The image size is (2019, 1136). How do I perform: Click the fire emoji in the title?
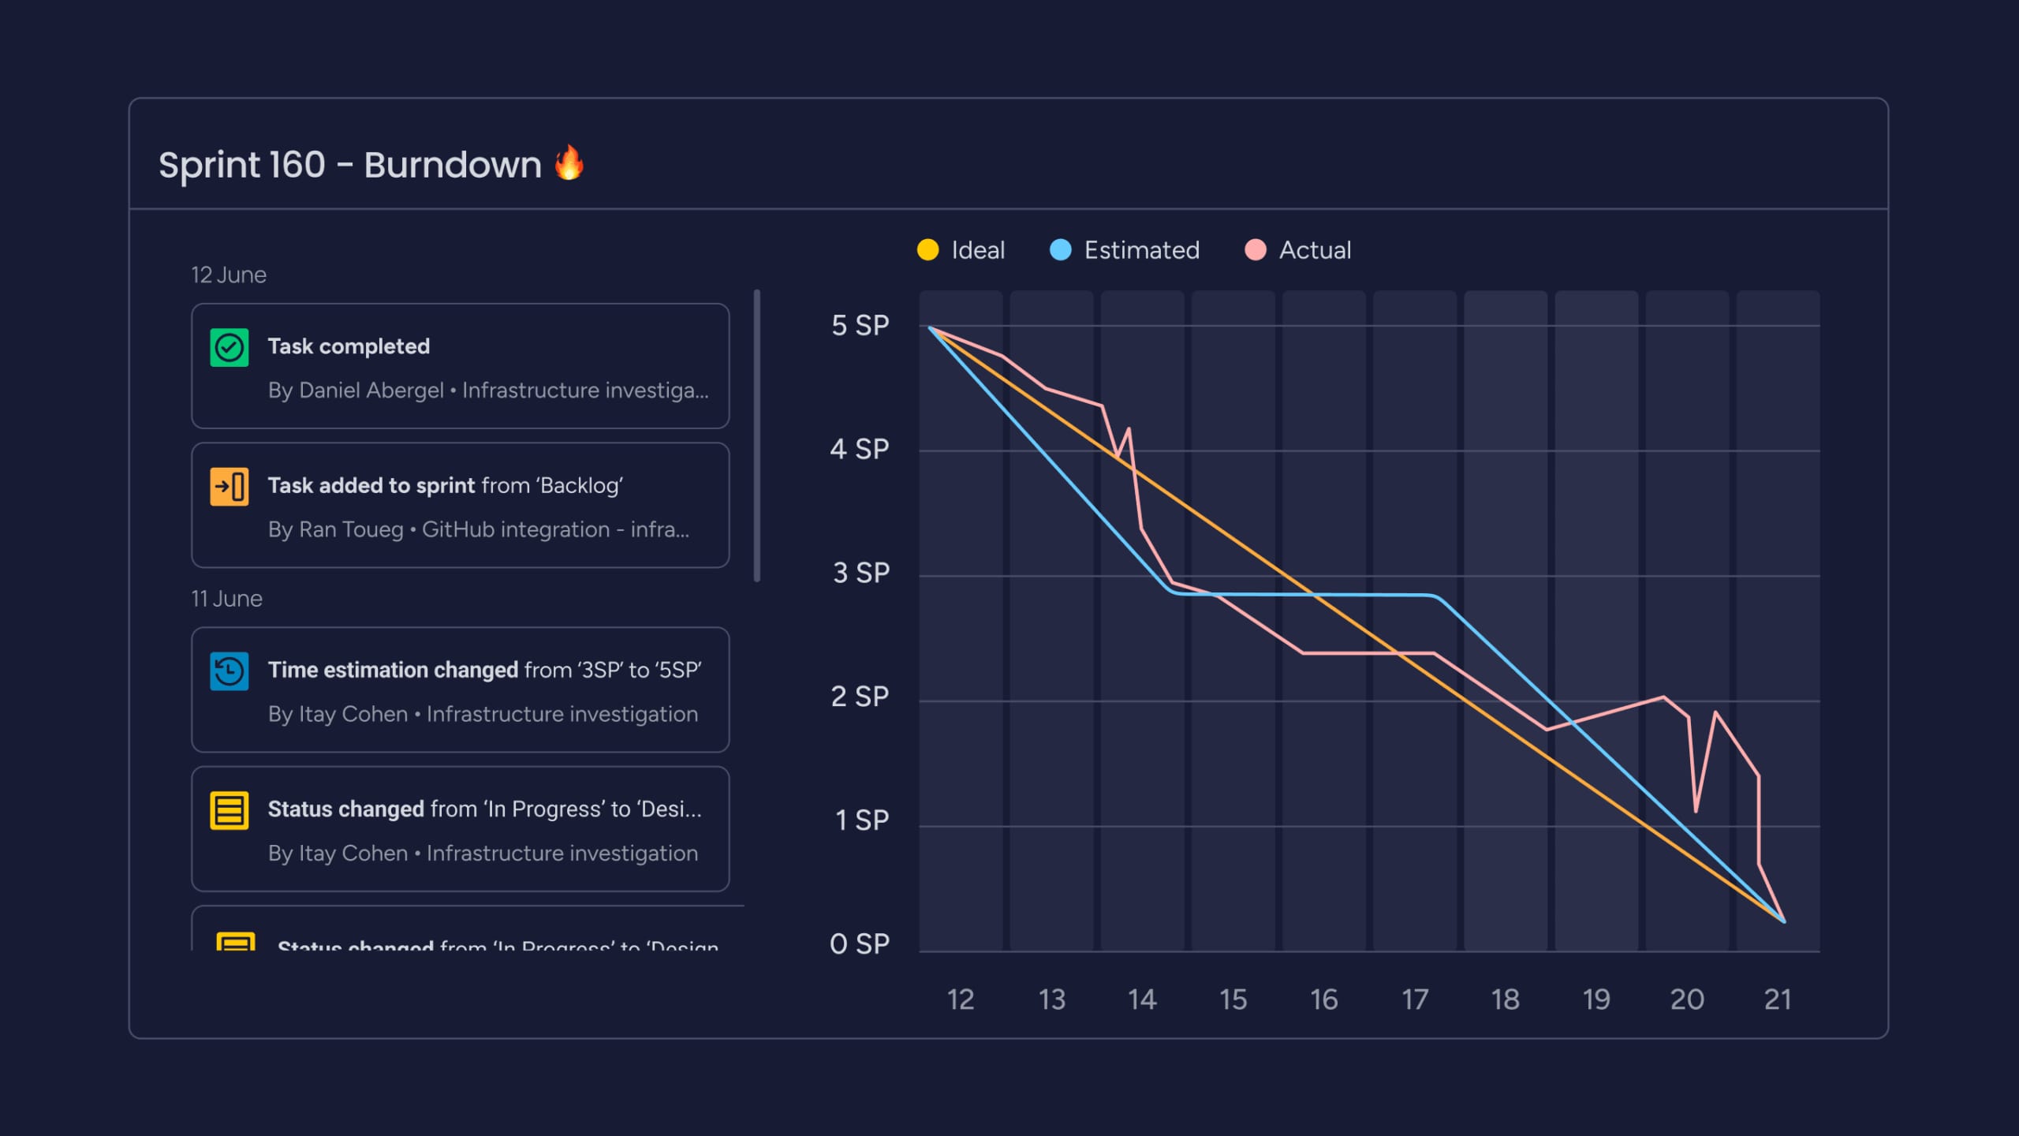point(569,163)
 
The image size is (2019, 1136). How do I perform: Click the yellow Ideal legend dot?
point(927,250)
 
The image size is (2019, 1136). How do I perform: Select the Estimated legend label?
point(1141,250)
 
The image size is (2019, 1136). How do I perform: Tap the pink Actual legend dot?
point(1255,250)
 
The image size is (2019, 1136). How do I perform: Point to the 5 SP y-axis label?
point(860,325)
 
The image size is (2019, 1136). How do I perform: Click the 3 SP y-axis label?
point(860,573)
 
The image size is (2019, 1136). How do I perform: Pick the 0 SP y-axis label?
point(859,944)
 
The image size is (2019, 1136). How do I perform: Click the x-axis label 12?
point(960,1000)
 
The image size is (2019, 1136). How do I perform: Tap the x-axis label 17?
point(1415,1000)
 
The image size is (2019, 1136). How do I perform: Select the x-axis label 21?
point(1778,1000)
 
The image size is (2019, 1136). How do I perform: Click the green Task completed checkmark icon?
point(230,348)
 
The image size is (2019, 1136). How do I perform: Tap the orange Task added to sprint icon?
point(230,486)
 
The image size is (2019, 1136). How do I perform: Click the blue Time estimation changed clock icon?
point(230,671)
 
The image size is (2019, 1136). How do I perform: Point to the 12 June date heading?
point(229,275)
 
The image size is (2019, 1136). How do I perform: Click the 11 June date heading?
point(226,599)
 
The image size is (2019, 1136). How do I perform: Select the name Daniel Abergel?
point(371,390)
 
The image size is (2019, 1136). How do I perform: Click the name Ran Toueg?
point(351,529)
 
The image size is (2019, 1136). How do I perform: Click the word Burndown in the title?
point(453,165)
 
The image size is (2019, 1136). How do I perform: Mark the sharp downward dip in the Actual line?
point(1696,809)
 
